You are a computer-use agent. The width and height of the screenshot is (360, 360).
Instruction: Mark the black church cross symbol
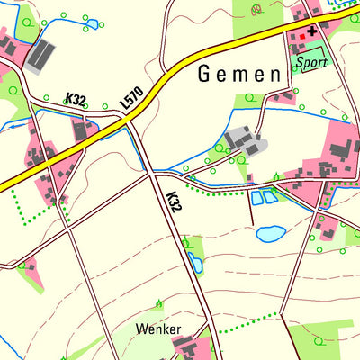[312, 31]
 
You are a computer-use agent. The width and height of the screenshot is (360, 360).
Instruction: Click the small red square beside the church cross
[300, 37]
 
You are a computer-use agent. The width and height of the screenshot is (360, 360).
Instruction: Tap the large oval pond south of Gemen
[270, 234]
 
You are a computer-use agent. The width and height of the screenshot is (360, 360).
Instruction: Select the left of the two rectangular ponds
[256, 198]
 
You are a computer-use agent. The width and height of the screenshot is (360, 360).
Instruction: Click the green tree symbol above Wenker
[159, 303]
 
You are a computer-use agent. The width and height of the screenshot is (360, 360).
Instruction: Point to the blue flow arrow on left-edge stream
[14, 127]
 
